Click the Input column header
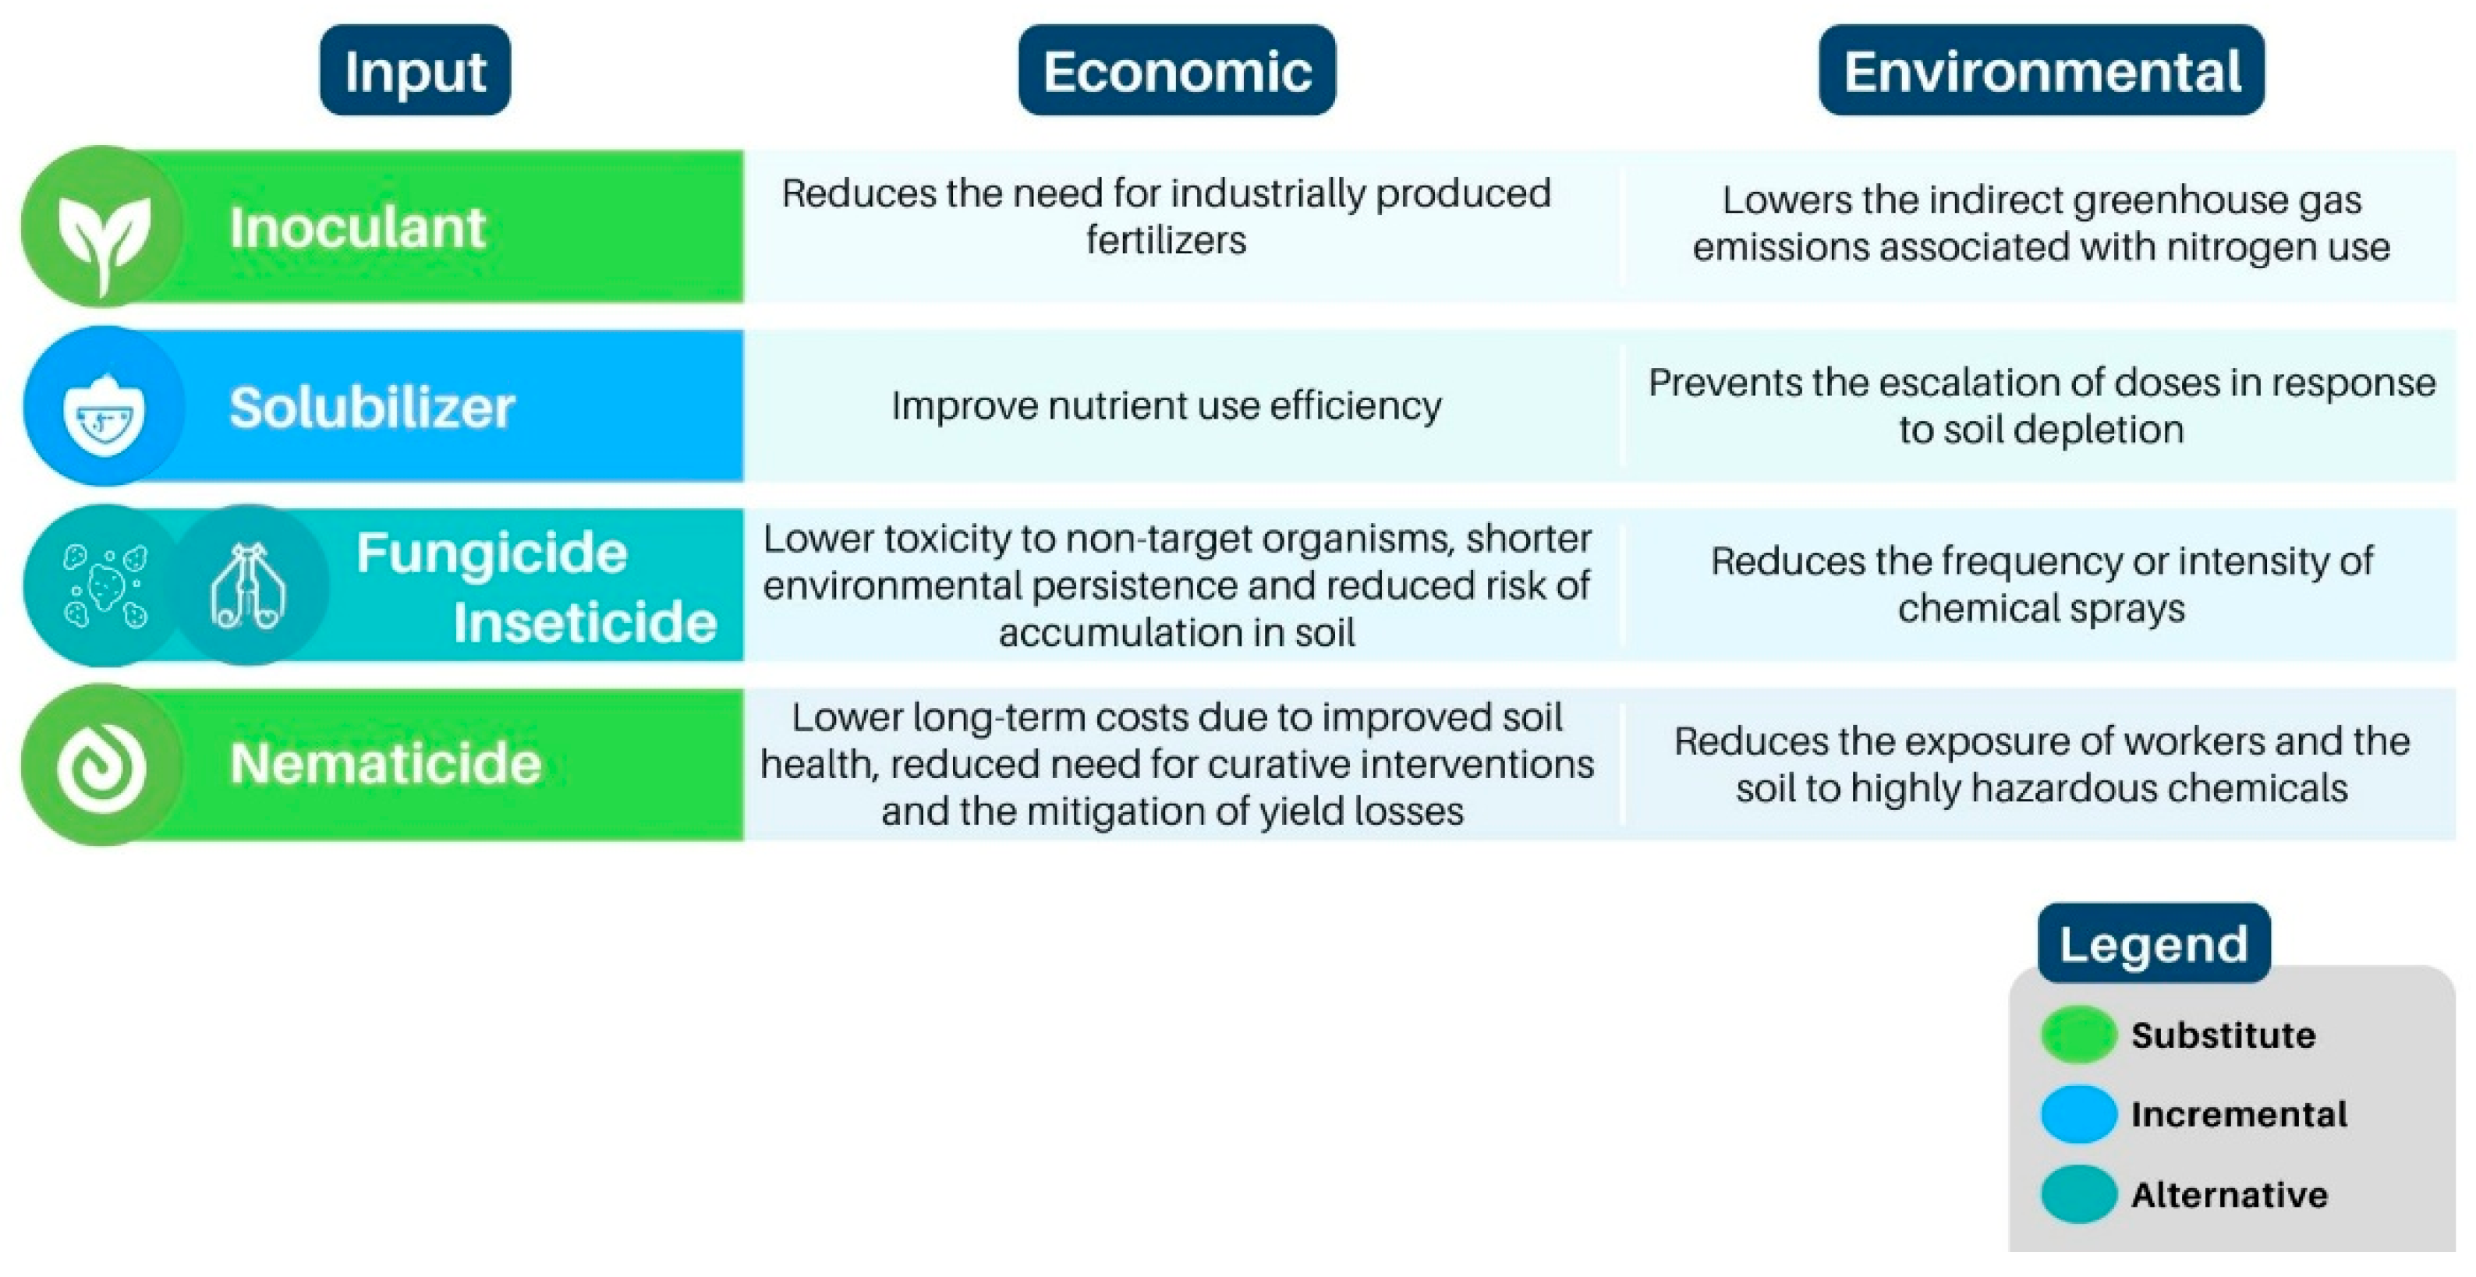415,70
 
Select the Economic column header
1177,70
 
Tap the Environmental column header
2042,70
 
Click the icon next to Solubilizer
104,405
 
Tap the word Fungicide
491,553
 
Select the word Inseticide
584,621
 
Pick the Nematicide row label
385,764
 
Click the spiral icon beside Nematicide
103,765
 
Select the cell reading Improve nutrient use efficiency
1166,405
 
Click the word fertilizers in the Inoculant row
1166,239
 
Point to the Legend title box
2154,943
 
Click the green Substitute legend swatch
2079,1035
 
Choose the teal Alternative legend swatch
2079,1194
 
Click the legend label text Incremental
2239,1115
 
